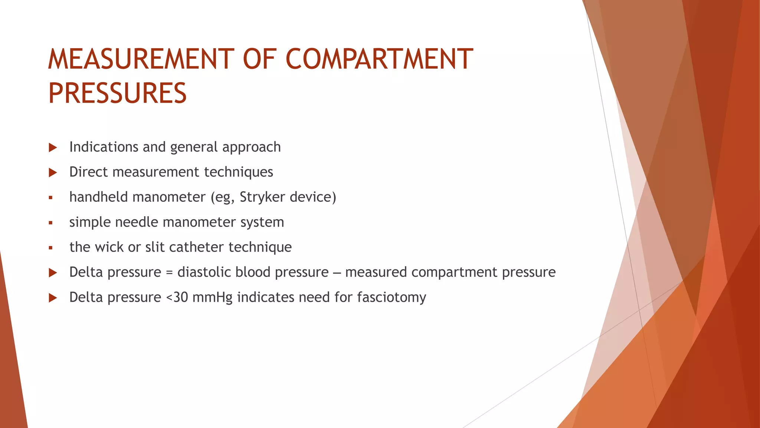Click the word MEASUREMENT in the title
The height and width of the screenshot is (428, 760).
point(141,59)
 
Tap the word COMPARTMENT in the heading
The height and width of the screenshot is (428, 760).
point(379,59)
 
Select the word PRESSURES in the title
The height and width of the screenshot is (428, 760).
point(117,93)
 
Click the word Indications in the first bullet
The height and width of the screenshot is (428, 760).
point(104,147)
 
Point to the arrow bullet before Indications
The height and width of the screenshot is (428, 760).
point(53,148)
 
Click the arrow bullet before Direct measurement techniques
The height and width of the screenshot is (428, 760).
point(53,173)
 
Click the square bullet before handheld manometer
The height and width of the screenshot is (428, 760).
point(50,198)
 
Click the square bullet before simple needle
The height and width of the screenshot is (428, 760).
point(50,223)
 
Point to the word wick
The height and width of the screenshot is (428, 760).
point(109,247)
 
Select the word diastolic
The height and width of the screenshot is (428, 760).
point(204,272)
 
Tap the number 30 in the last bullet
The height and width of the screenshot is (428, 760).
point(181,297)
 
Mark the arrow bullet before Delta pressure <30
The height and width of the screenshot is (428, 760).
point(53,298)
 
